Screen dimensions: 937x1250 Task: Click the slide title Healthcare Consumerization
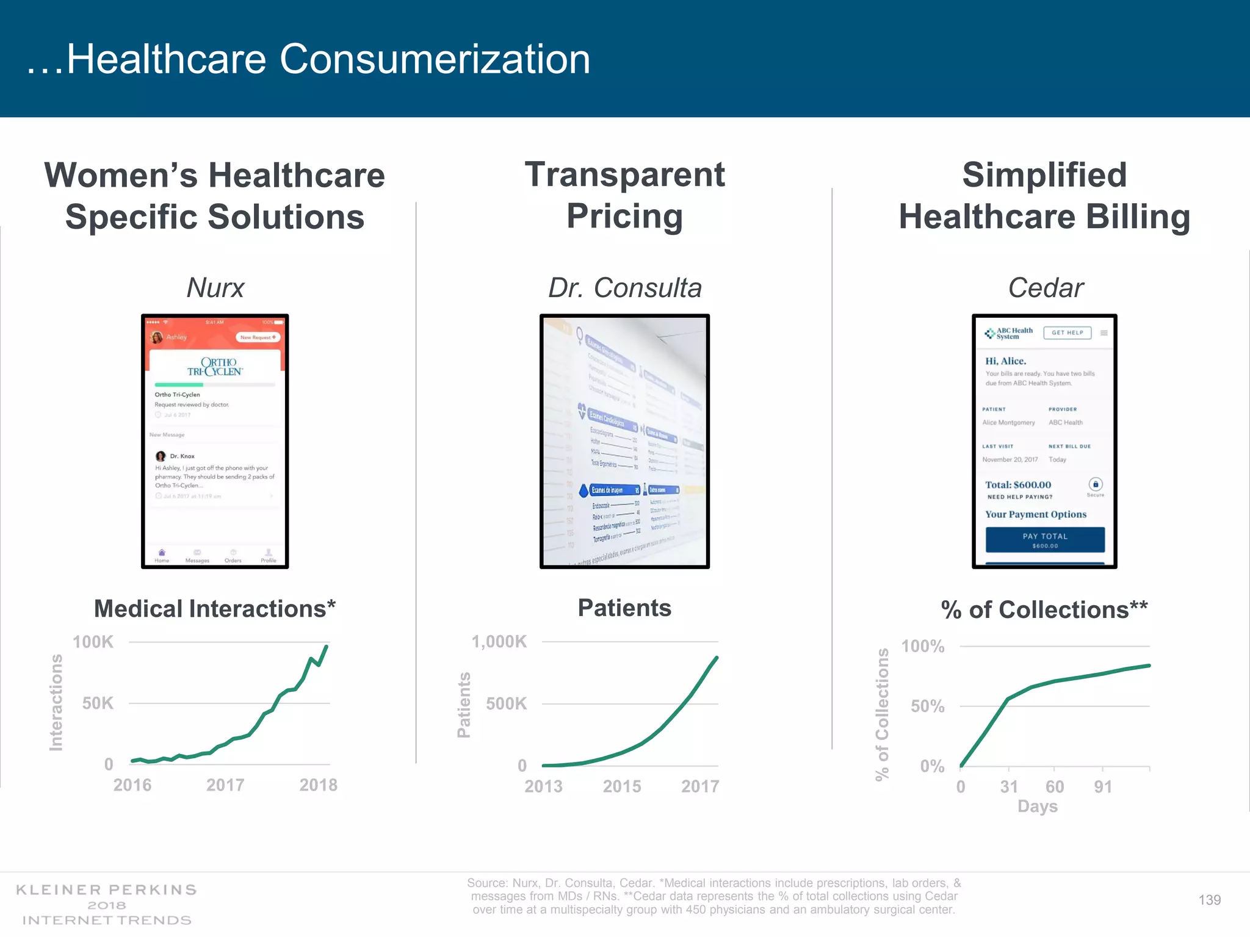[x=308, y=59]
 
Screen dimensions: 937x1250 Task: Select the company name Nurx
[x=215, y=288]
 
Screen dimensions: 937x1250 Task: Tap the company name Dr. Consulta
[x=624, y=288]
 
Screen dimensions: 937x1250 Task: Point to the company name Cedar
[x=1045, y=288]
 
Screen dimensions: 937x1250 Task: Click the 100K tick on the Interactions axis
[x=93, y=642]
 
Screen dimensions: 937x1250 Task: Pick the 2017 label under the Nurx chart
[x=225, y=785]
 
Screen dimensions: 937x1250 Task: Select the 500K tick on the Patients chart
[x=506, y=704]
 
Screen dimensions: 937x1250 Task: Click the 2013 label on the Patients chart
[x=543, y=786]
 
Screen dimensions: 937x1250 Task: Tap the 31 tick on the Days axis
[x=1009, y=787]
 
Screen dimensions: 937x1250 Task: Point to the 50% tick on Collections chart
[x=927, y=706]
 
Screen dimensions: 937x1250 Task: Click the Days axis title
[x=1037, y=806]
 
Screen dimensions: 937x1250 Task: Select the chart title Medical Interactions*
[x=215, y=609]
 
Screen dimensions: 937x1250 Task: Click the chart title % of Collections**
[x=1044, y=610]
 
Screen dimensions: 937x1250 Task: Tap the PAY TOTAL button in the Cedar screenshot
[x=1045, y=540]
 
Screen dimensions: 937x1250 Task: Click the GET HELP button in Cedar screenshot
[x=1067, y=333]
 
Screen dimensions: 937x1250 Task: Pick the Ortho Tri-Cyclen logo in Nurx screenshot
[x=215, y=367]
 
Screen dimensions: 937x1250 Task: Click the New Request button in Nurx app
[x=258, y=337]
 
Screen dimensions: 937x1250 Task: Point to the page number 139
[x=1209, y=900]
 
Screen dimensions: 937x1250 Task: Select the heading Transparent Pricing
[x=624, y=195]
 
